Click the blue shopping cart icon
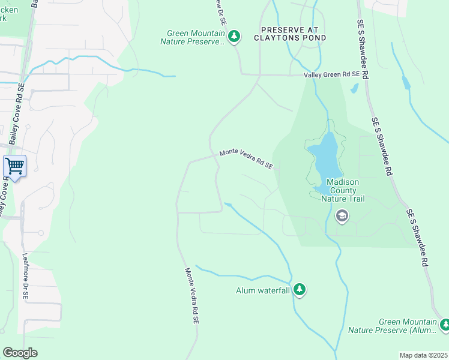pos(14,166)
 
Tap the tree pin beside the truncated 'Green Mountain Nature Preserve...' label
pos(234,37)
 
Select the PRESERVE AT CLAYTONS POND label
pos(293,34)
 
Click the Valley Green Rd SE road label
pos(331,74)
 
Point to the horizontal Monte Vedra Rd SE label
pos(246,160)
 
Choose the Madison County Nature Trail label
pos(343,190)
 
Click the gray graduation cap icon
pos(342,215)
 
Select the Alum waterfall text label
pos(262,291)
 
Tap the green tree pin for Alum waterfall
pos(299,290)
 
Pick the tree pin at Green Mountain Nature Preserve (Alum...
pos(445,325)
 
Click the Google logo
pos(20,353)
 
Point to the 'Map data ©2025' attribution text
pos(423,355)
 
